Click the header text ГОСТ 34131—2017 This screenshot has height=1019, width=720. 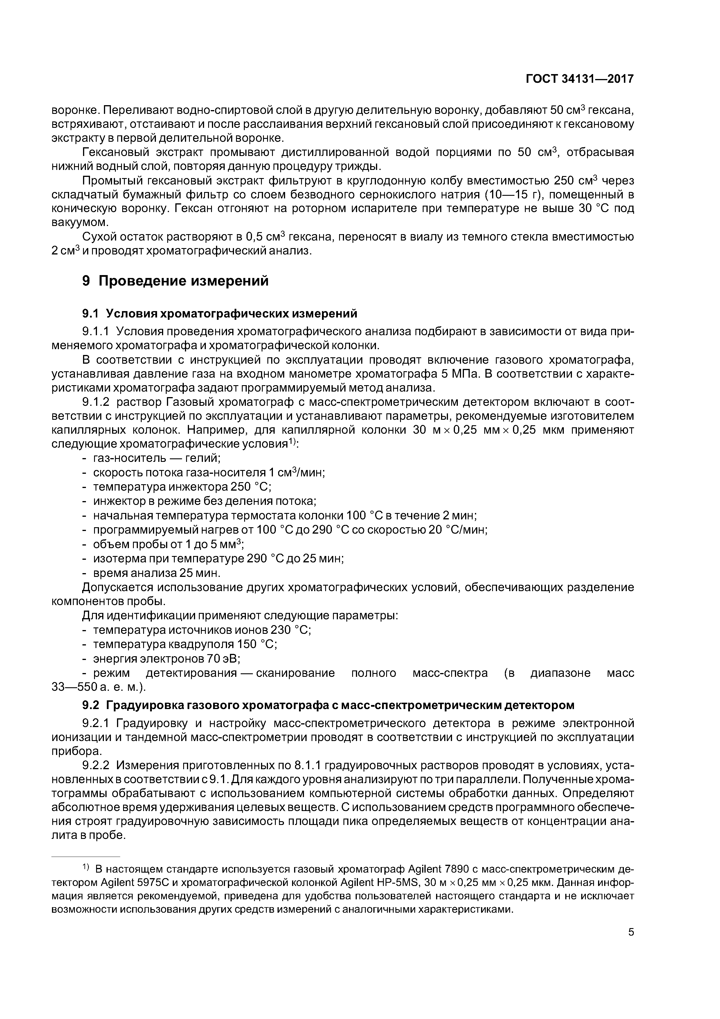click(x=579, y=79)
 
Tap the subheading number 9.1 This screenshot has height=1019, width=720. click(x=90, y=314)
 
